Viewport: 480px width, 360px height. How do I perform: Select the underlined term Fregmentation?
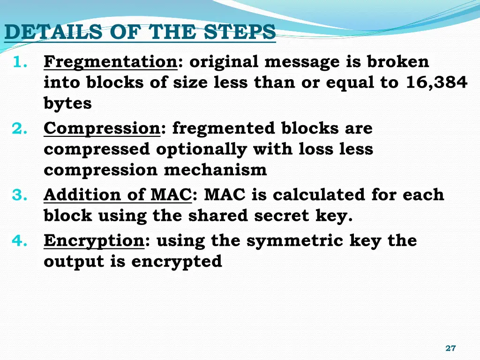click(x=110, y=62)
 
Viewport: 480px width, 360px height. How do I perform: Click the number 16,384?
click(x=437, y=82)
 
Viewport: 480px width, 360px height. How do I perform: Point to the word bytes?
click(x=67, y=104)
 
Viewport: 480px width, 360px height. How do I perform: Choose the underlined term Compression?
click(x=102, y=128)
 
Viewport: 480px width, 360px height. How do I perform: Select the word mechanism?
click(x=215, y=170)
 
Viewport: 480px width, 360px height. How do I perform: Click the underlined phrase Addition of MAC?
click(x=117, y=195)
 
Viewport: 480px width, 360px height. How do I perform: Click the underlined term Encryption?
click(x=94, y=240)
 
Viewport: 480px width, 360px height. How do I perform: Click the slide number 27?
click(x=450, y=348)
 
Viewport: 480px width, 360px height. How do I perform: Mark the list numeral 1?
click(x=18, y=62)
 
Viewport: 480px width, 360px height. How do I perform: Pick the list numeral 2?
click(x=18, y=128)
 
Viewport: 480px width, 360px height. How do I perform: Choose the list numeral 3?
click(x=18, y=195)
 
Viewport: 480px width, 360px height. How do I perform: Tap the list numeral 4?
click(x=18, y=241)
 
